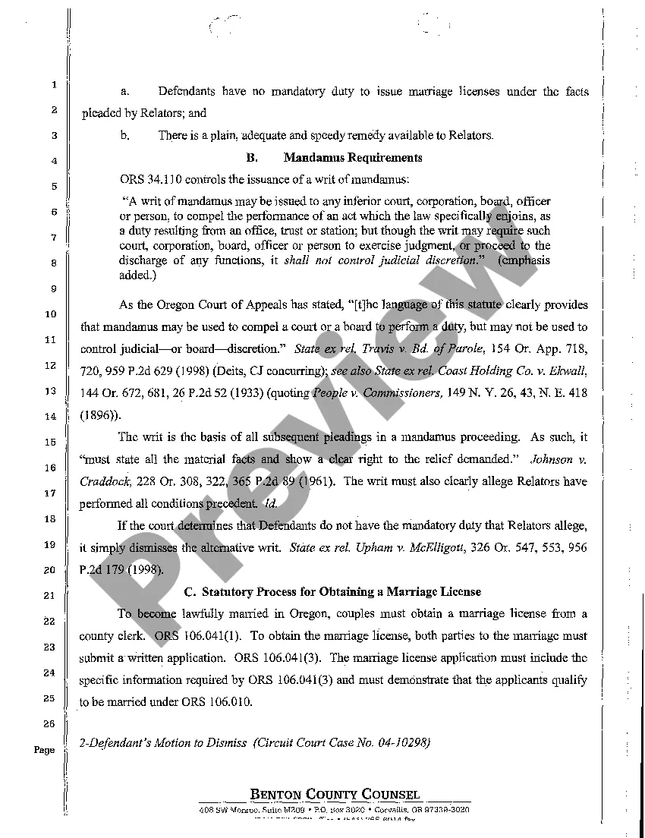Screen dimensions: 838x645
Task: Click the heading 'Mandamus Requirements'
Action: tap(353, 158)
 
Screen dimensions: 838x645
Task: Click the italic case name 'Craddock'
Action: tap(105, 481)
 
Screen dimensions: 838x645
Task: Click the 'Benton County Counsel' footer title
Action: tap(335, 795)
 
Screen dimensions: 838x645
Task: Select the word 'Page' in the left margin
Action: tap(44, 750)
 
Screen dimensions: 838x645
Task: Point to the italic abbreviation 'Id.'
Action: tap(271, 503)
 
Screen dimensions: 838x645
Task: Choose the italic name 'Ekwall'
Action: tap(566, 370)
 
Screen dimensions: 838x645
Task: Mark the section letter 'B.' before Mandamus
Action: tap(253, 158)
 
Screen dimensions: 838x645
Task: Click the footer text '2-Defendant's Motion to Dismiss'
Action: tap(163, 743)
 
